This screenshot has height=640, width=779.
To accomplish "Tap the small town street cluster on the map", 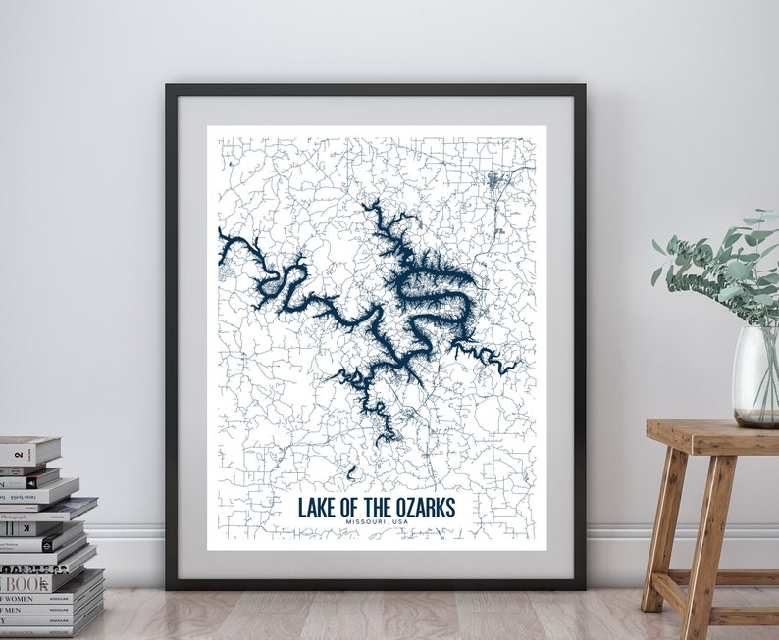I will (493, 180).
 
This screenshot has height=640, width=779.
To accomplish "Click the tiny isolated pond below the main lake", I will (351, 473).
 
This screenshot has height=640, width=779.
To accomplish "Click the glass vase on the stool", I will (755, 377).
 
